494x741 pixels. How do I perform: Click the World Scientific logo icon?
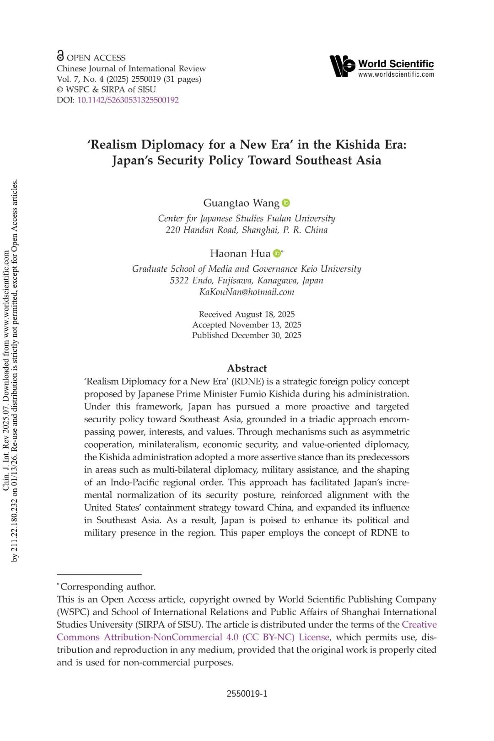pos(342,66)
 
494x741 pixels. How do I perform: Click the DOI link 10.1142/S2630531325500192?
pos(128,100)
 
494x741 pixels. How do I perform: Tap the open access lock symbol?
pos(60,56)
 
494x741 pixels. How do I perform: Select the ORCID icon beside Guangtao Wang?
pos(286,203)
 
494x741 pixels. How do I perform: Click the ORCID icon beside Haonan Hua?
pos(277,253)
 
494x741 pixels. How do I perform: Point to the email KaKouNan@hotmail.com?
pos(247,292)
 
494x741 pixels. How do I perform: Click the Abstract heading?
pos(247,368)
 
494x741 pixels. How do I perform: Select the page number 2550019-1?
pos(247,694)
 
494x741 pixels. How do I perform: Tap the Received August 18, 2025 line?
pos(247,314)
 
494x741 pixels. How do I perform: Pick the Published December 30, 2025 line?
pos(247,335)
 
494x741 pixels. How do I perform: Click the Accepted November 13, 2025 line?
pos(247,325)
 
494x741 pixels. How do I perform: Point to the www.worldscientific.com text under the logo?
pos(396,75)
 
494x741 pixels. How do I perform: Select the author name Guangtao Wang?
pos(241,203)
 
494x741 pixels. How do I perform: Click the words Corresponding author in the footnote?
pos(108,587)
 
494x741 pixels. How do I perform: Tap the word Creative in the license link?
pos(419,625)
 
